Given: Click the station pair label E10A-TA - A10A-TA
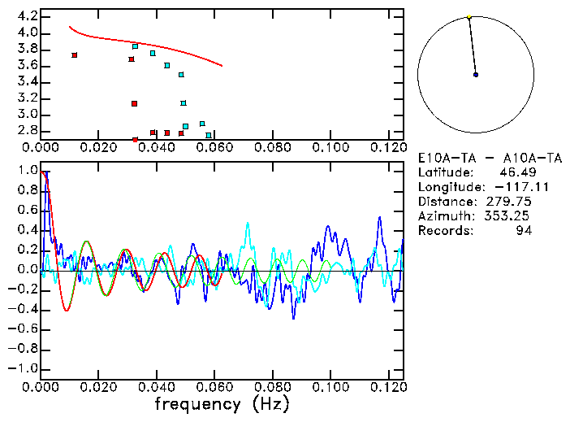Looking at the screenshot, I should tap(490, 158).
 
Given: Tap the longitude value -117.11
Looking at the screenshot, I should tap(530, 187).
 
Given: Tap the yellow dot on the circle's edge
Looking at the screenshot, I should tap(469, 16).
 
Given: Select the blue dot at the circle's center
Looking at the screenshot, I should tap(476, 75).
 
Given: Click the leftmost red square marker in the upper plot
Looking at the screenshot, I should tap(75, 55).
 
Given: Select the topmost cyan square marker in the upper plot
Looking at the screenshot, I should tap(136, 46).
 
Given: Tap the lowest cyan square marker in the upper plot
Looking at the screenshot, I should tap(209, 135).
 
